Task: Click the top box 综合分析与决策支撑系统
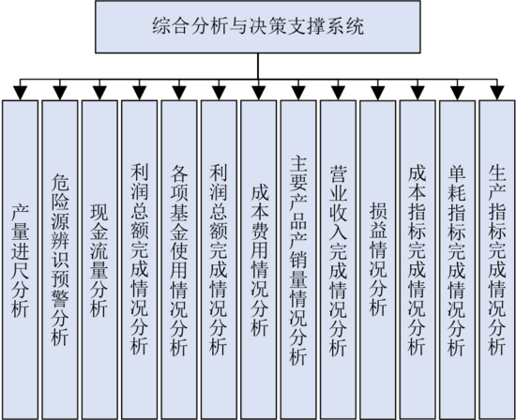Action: (x=258, y=26)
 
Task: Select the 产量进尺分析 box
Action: (x=20, y=260)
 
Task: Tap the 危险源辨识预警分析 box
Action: (x=60, y=260)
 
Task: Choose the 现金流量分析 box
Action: (x=99, y=260)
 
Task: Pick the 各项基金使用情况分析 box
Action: (x=179, y=260)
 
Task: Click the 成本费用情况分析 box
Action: (x=259, y=260)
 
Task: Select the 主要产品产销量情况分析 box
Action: (x=298, y=260)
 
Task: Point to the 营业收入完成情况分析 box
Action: (x=338, y=260)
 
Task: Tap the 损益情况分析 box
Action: (x=378, y=260)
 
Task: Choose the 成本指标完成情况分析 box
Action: (x=417, y=260)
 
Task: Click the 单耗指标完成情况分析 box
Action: (x=458, y=260)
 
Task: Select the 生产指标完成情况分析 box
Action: (x=497, y=260)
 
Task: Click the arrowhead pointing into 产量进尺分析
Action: (x=20, y=93)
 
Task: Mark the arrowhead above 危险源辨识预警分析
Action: (x=60, y=93)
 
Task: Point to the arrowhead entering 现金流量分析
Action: (x=99, y=93)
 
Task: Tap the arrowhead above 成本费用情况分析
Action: (x=259, y=93)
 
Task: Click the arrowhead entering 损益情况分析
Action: (x=378, y=93)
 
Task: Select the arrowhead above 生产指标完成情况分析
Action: (x=497, y=93)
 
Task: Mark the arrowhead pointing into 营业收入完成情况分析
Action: (x=338, y=93)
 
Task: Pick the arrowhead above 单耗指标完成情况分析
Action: (x=458, y=93)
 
